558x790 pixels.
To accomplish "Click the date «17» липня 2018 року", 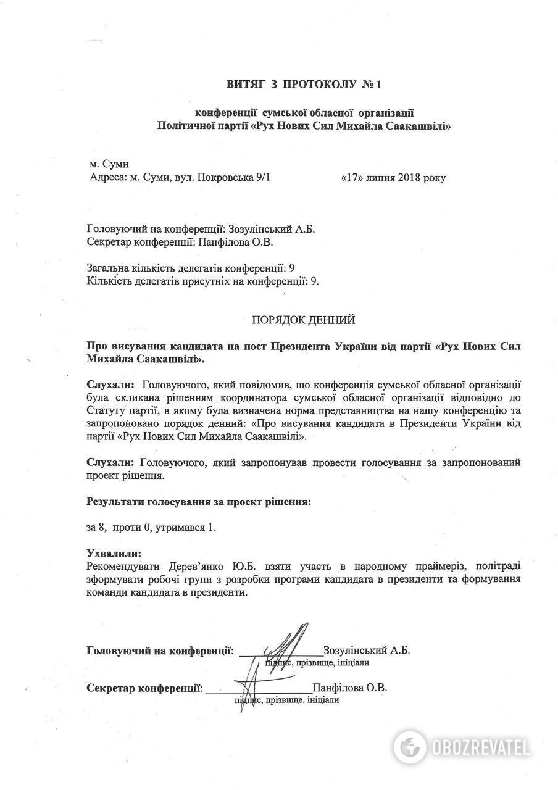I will tap(393, 178).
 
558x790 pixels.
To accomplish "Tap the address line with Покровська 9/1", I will tap(180, 178).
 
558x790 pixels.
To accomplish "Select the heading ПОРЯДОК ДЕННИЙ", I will tap(304, 320).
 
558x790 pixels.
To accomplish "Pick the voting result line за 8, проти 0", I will tap(152, 528).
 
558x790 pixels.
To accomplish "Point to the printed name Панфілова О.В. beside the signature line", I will tap(350, 688).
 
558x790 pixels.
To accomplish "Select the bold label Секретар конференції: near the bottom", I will tap(145, 688).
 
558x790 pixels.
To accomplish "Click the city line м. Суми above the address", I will tap(109, 164).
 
